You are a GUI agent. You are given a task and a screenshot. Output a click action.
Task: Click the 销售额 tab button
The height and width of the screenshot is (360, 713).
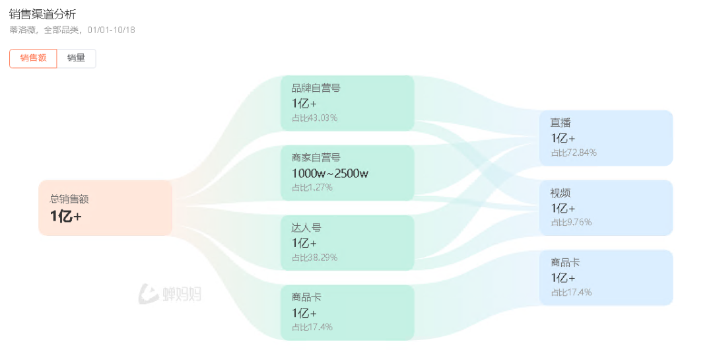(x=33, y=58)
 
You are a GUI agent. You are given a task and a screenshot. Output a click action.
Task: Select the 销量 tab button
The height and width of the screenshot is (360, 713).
(x=77, y=58)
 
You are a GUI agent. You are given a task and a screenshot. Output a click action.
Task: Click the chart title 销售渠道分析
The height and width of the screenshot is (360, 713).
(x=42, y=14)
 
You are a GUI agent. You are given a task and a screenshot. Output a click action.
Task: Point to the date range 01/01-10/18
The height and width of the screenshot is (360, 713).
(x=112, y=30)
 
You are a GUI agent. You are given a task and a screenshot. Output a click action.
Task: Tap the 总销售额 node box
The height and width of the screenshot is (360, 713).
(x=106, y=208)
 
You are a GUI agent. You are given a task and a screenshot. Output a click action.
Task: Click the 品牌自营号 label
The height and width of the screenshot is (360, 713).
(x=316, y=88)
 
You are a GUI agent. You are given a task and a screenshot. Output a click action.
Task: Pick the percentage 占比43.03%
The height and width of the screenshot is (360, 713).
(x=315, y=118)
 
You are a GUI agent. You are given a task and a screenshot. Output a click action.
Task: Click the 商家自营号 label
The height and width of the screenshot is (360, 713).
(x=316, y=157)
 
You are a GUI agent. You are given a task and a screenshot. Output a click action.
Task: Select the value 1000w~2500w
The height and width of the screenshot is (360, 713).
(x=330, y=174)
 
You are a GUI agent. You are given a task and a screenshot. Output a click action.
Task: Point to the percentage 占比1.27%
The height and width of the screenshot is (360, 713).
(x=312, y=188)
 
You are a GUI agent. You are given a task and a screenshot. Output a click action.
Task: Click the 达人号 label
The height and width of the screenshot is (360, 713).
(x=306, y=228)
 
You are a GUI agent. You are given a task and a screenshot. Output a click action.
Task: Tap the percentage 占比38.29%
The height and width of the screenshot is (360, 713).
(x=315, y=258)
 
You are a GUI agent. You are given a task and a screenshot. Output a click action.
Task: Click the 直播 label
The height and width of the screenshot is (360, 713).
(x=560, y=123)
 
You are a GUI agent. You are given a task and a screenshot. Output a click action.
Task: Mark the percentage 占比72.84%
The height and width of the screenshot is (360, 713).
(x=574, y=153)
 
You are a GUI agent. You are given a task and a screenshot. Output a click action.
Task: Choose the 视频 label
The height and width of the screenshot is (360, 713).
(x=560, y=193)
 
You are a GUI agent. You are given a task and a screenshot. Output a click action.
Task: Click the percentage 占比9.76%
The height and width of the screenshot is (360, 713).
(x=572, y=223)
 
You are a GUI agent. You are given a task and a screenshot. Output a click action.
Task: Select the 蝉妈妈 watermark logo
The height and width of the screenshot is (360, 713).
(x=170, y=294)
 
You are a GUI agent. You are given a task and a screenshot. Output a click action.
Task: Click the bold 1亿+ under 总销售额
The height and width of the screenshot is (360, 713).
(x=66, y=216)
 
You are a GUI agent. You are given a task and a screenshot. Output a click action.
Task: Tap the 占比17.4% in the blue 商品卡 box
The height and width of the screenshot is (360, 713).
(x=572, y=293)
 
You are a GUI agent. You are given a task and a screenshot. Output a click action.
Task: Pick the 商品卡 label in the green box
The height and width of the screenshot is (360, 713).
(x=306, y=298)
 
